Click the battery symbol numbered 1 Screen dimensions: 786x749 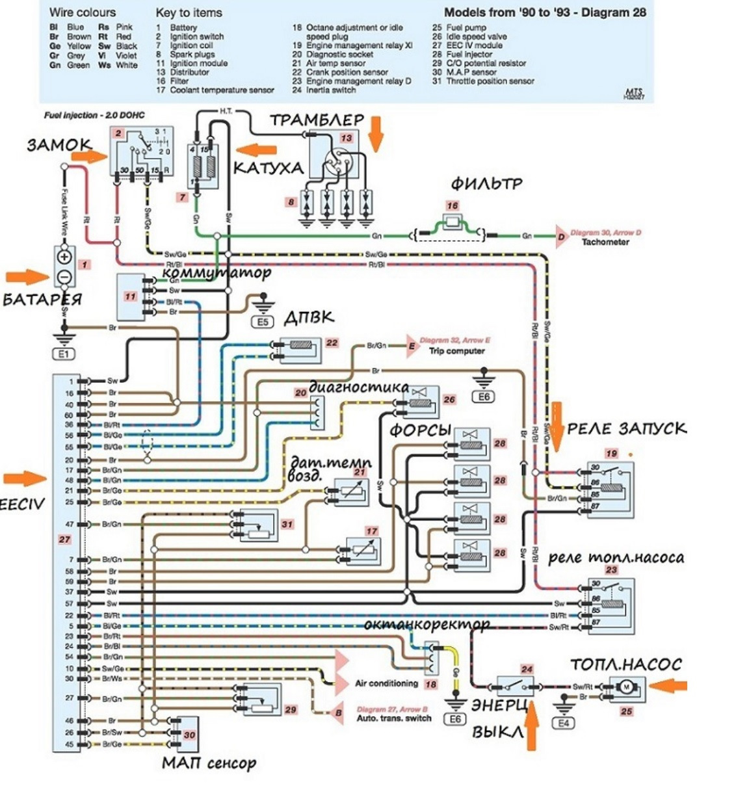[x=64, y=266]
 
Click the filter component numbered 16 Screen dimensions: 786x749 [x=453, y=223]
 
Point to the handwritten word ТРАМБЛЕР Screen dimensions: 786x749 [x=317, y=122]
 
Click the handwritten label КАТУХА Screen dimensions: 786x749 [x=268, y=168]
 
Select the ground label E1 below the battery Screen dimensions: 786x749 [x=65, y=354]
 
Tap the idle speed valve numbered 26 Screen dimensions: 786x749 [x=419, y=399]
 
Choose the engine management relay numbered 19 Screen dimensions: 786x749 [x=610, y=490]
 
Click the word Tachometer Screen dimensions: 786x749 [x=605, y=242]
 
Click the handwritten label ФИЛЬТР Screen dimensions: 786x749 [x=486, y=184]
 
